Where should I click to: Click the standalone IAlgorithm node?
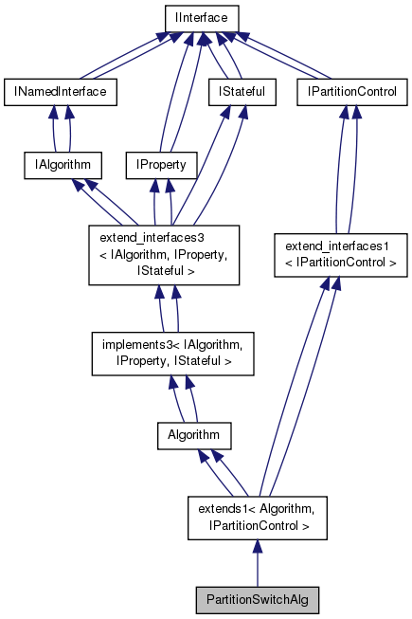pos(63,166)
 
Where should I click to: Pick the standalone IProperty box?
pos(161,166)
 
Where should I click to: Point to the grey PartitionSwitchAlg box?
pos(257,600)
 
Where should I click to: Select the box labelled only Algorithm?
pos(194,435)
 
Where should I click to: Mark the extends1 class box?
pos(257,517)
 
